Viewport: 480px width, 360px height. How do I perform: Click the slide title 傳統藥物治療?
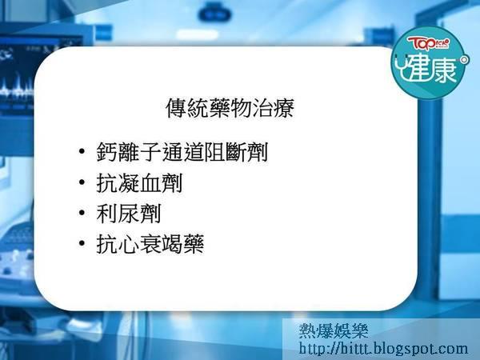click(230, 108)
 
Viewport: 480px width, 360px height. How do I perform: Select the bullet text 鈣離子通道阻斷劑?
click(182, 152)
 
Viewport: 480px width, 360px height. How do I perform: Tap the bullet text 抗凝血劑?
click(139, 182)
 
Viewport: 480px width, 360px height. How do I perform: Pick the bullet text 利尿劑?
click(129, 214)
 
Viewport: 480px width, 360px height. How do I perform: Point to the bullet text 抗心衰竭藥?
click(150, 244)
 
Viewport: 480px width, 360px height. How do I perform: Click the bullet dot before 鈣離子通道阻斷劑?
click(82, 151)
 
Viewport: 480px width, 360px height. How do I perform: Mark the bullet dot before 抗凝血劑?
click(82, 182)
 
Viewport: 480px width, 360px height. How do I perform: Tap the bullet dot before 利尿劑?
click(82, 213)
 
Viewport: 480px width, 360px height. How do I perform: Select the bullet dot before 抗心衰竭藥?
click(82, 243)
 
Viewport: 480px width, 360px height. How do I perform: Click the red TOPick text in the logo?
click(428, 43)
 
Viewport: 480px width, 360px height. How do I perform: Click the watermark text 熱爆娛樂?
click(334, 330)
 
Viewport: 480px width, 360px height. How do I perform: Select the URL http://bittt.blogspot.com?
click(383, 349)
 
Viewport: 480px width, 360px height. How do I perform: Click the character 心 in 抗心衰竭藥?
click(129, 244)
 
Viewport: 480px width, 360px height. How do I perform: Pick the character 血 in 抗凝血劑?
click(150, 182)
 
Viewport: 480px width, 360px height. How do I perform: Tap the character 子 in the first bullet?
click(150, 152)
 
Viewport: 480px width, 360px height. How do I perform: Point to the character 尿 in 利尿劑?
click(129, 214)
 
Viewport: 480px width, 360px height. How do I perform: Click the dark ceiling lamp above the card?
click(215, 13)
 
